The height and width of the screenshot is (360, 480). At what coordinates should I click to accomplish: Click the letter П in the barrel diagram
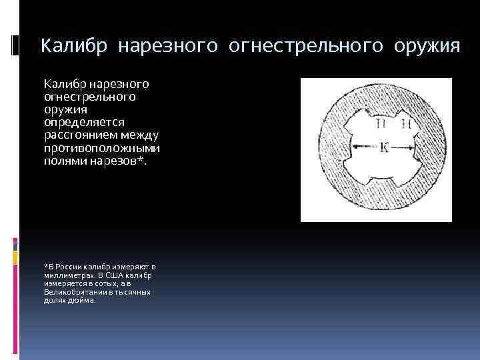pyautogui.click(x=381, y=125)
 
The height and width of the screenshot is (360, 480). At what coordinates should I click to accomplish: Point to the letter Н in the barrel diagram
pyautogui.click(x=404, y=125)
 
